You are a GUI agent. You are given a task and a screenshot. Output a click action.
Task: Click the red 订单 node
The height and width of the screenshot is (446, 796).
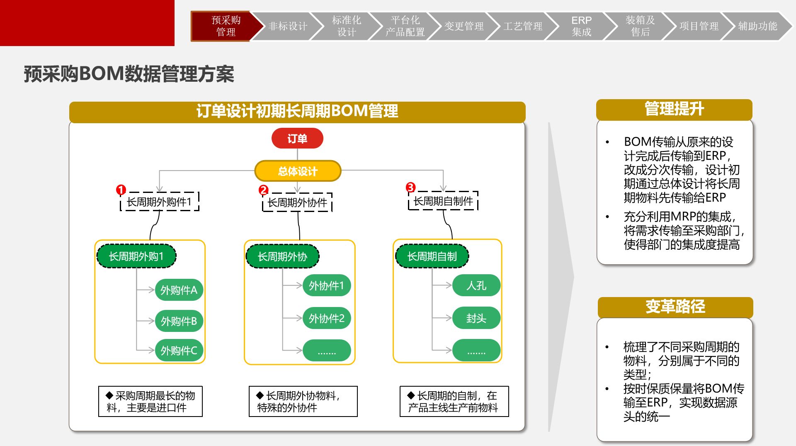coord(297,139)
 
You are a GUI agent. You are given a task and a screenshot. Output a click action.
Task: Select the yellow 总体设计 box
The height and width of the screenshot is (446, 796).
coord(298,171)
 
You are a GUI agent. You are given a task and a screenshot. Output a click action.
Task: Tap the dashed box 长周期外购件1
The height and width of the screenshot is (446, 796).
coord(160,202)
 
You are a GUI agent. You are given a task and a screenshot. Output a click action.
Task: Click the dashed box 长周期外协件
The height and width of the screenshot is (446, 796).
coord(297,202)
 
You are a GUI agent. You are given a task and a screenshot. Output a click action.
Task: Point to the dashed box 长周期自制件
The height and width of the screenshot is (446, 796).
coord(443,201)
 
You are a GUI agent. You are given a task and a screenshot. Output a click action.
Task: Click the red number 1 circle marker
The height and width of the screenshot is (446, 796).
coord(121,190)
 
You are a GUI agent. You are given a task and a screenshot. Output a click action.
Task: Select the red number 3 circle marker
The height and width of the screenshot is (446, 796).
coord(410,187)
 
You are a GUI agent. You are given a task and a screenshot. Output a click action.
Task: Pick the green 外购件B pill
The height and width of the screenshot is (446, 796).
coord(179,321)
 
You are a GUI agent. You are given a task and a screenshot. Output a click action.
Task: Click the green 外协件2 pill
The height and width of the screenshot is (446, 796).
coord(327,318)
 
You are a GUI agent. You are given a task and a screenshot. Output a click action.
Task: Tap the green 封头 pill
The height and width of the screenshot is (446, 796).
coord(476,318)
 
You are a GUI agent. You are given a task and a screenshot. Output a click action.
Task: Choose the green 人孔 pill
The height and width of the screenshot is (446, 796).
coord(476,285)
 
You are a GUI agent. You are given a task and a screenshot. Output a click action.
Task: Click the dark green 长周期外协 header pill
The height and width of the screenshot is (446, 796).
coord(282,256)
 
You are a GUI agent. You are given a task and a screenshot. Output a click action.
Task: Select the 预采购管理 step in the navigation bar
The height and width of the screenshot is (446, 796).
coord(226,26)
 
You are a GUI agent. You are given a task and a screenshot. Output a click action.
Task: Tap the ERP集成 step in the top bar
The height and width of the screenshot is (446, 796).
coord(581,26)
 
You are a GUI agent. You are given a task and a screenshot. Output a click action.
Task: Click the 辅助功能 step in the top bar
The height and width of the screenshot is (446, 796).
coord(757,26)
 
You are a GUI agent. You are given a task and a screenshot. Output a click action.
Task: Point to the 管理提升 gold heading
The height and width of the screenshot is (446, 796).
coord(674,110)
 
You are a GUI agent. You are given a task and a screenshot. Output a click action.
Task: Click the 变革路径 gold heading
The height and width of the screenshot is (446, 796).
coord(675,307)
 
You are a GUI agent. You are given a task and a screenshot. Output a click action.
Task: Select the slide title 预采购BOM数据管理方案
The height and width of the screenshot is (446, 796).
coord(129,74)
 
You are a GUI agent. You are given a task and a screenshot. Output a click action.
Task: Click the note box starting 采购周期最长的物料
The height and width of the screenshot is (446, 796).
coord(150,401)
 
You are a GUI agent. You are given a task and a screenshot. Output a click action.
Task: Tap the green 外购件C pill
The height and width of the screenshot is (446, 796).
coord(179,351)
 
